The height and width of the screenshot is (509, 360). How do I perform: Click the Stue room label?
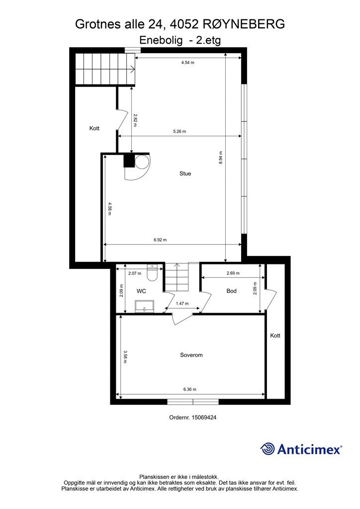(x=185, y=173)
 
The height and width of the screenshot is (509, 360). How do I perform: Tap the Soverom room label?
(x=191, y=355)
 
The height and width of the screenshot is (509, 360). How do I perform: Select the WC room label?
(x=141, y=291)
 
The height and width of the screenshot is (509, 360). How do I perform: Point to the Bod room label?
(x=231, y=291)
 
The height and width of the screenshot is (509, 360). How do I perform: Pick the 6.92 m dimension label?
(x=160, y=240)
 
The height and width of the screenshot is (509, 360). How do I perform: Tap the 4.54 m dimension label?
(x=187, y=62)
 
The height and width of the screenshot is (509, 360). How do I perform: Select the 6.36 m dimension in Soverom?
(x=189, y=389)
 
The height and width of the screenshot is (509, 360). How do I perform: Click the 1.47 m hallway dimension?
(x=182, y=304)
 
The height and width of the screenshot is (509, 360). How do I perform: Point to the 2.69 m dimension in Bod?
(x=233, y=273)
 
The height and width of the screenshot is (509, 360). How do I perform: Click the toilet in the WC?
(x=152, y=274)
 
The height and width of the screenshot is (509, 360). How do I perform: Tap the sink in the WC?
(x=144, y=306)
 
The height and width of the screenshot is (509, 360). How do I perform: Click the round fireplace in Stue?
(x=142, y=162)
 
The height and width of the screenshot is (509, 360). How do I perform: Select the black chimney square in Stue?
(x=129, y=161)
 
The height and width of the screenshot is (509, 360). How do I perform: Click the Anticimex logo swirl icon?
(x=268, y=449)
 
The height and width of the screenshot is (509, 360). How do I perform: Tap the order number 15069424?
(x=204, y=418)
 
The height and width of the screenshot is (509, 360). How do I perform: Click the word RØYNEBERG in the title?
(x=244, y=24)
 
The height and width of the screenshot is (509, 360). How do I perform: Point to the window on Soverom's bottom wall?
(x=193, y=402)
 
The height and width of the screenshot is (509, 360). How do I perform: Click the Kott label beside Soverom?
(x=275, y=336)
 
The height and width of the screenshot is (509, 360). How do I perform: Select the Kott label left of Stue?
(x=94, y=129)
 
